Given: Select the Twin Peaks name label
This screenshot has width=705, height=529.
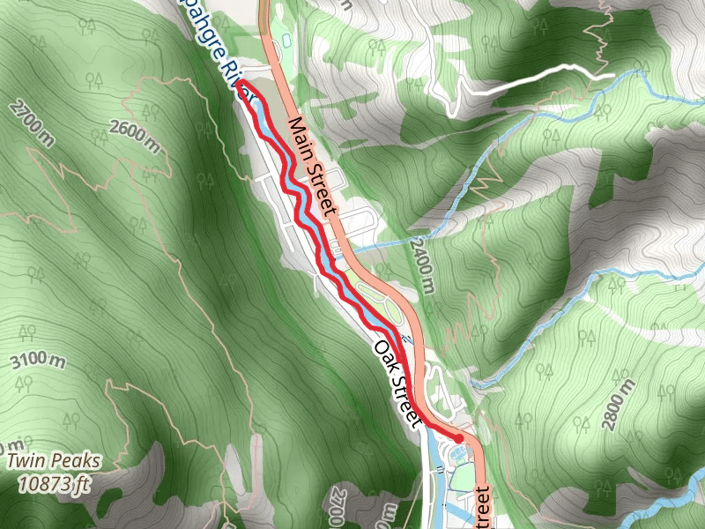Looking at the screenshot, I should pyautogui.click(x=55, y=461).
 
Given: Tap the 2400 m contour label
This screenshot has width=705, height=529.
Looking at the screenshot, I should pyautogui.click(x=421, y=264).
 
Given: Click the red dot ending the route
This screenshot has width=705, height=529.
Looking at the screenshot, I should pyautogui.click(x=458, y=437).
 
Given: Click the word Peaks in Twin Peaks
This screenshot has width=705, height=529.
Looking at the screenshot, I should pyautogui.click(x=77, y=461).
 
